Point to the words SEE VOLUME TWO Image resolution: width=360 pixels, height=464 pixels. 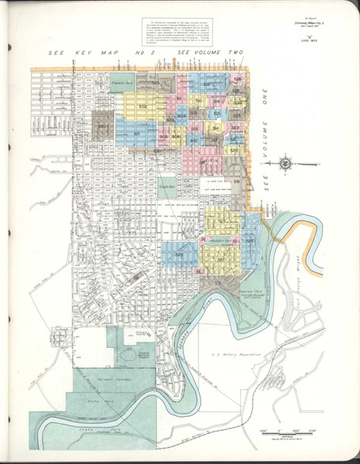[211, 53]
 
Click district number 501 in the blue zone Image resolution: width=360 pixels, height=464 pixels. [136, 133]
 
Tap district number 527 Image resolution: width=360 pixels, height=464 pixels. [220, 258]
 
